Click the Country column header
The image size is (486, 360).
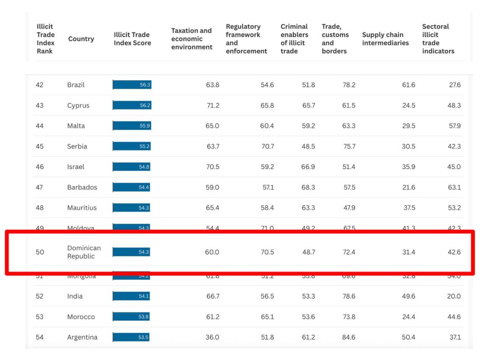coord(81,39)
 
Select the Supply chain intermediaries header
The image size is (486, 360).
coord(385,39)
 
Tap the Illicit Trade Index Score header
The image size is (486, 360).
coord(132,39)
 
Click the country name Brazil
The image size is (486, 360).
coord(76,85)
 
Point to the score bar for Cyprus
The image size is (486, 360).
coord(132,105)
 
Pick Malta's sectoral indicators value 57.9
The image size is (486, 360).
coord(454,126)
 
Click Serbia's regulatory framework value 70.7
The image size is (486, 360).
coord(267,146)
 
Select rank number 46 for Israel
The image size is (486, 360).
coord(39,167)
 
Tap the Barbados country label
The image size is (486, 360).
coord(82,187)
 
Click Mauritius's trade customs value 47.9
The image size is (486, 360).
coord(349,208)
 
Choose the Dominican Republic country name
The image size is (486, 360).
coord(84,252)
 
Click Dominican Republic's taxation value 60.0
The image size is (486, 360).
coord(212,252)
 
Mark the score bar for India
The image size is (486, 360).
coord(131,296)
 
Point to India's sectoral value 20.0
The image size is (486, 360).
coord(454,296)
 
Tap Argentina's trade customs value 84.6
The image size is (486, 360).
coord(349,337)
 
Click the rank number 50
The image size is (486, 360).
coord(39,252)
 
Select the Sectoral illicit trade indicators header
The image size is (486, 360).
coord(438,39)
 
